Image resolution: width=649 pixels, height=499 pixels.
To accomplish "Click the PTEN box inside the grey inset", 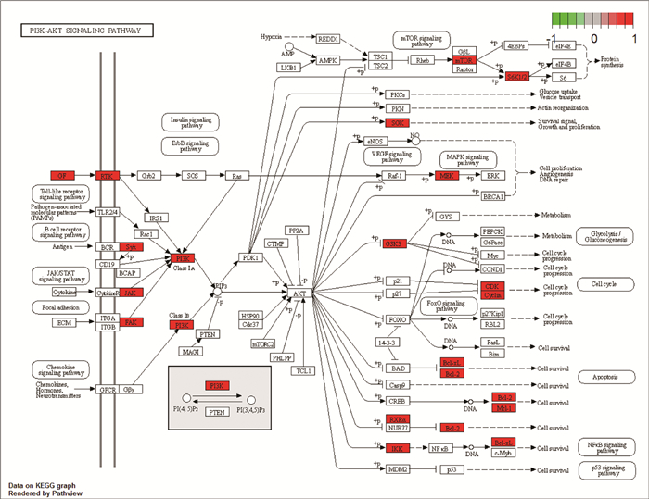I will click(x=216, y=411).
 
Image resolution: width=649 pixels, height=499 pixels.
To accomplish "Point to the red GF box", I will click(x=61, y=175).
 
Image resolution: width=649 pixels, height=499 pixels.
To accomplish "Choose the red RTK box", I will click(x=108, y=175).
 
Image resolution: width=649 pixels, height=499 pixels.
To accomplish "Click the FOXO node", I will click(x=396, y=321).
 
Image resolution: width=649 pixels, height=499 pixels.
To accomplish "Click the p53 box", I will click(x=451, y=470).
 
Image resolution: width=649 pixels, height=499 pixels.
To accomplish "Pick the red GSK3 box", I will click(x=396, y=243).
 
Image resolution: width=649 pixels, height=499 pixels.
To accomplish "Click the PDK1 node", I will click(x=249, y=257).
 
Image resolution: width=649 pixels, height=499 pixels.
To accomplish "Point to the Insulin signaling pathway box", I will click(x=190, y=121).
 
